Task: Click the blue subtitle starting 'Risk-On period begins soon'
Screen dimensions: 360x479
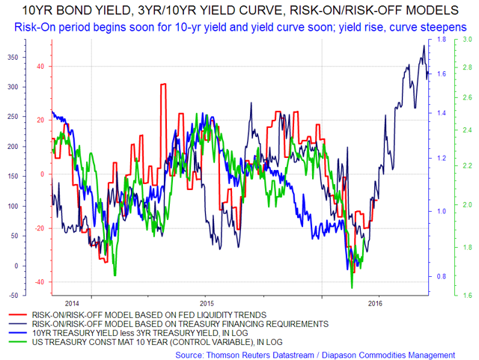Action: click(239, 26)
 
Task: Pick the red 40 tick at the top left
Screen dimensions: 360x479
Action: click(40, 66)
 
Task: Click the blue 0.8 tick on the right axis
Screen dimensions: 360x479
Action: click(442, 277)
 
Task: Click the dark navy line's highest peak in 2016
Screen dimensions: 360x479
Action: click(424, 46)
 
